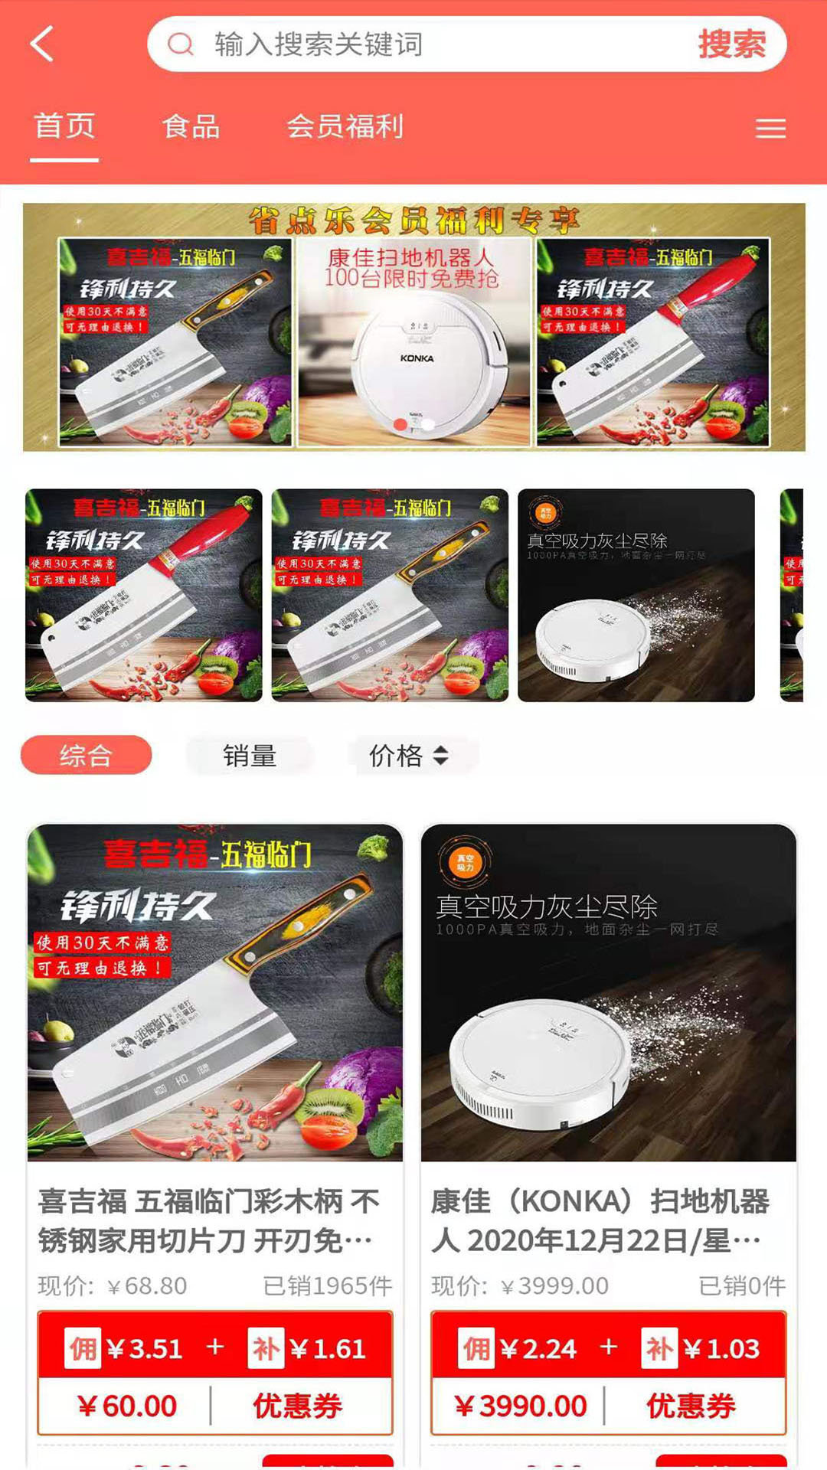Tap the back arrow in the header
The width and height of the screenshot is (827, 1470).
click(43, 44)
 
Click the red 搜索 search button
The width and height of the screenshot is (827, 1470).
click(731, 44)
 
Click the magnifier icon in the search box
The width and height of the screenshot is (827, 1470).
click(181, 44)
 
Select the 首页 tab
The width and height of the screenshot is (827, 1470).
click(64, 126)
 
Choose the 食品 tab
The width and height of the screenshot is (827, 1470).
click(191, 126)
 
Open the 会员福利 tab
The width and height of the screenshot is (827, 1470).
click(345, 126)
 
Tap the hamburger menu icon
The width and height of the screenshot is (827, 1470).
click(770, 129)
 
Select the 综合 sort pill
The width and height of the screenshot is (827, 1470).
click(86, 756)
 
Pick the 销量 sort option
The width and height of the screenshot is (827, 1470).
click(250, 756)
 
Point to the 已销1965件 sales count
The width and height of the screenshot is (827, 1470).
click(327, 1286)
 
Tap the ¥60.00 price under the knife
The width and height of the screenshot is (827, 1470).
click(127, 1406)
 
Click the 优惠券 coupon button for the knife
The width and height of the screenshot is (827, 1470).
click(298, 1406)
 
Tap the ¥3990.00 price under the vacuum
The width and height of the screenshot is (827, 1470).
click(521, 1406)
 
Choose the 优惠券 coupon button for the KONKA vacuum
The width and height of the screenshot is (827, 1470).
click(691, 1406)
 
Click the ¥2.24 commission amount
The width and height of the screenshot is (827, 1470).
click(538, 1349)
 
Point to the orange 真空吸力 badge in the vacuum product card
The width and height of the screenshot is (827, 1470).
click(465, 863)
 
